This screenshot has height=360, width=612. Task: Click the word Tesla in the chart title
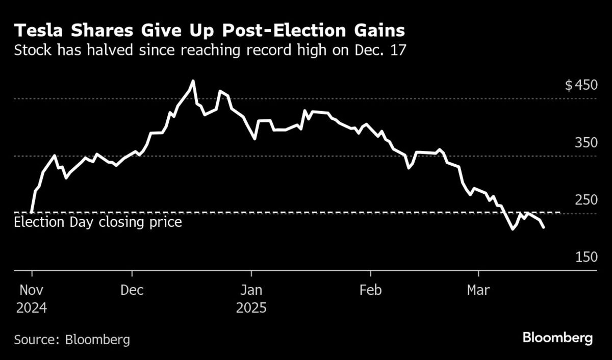(x=37, y=31)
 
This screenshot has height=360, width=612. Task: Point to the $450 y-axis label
(x=581, y=85)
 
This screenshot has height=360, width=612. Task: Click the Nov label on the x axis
(x=32, y=290)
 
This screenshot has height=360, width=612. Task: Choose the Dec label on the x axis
(x=132, y=290)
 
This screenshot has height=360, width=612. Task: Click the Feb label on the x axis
(x=371, y=290)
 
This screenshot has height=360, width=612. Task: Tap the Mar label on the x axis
(x=478, y=290)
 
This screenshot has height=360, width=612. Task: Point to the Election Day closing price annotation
(x=98, y=222)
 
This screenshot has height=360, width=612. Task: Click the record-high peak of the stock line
(x=193, y=81)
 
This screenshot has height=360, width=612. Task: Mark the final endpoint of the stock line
(x=544, y=227)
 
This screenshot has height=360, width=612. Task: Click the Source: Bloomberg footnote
(x=72, y=339)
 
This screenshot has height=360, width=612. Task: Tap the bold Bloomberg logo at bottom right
(x=557, y=338)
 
